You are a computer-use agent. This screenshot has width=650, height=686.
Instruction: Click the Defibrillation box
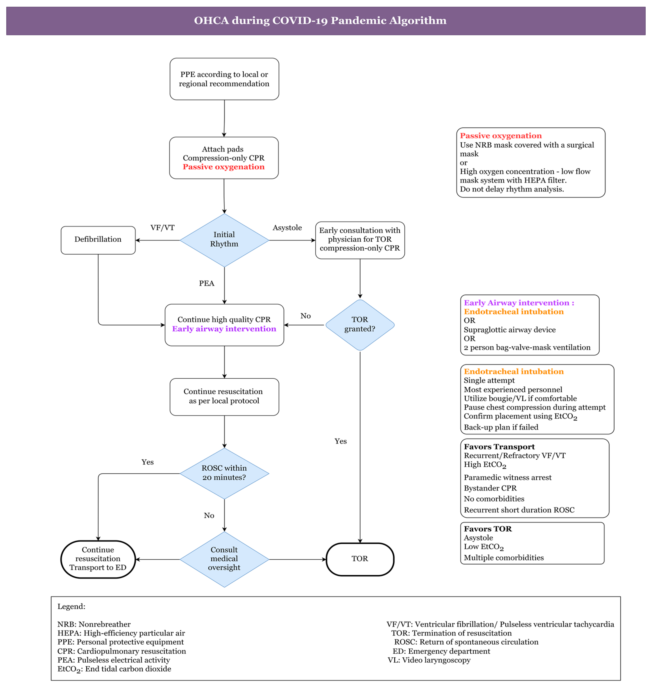point(98,240)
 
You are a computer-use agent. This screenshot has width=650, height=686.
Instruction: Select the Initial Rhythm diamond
point(224,240)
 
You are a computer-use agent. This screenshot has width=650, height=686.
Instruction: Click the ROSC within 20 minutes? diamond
point(224,473)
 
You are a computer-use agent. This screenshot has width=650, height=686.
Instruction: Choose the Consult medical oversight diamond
point(224,559)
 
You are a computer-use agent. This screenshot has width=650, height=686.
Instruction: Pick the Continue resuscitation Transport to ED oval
point(98,559)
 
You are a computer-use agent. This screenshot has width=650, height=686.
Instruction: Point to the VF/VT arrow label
point(162,228)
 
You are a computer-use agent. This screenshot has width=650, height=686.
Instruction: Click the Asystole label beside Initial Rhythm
point(287,228)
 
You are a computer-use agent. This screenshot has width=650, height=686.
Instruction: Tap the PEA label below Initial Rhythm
point(206,283)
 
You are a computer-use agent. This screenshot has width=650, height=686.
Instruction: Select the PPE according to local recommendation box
point(224,79)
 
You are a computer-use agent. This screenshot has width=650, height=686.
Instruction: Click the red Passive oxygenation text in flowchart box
point(224,167)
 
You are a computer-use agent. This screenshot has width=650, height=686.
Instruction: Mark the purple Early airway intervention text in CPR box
point(224,329)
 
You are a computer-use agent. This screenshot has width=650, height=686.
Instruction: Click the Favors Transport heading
point(499,447)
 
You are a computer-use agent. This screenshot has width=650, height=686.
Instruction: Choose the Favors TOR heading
point(487,529)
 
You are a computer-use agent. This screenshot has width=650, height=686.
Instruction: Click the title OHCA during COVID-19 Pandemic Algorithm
point(320,20)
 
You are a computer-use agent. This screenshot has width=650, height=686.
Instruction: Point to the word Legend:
point(71,606)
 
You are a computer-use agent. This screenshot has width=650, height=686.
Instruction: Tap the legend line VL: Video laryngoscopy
point(429,660)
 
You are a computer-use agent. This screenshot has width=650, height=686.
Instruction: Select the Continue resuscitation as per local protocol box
point(224,396)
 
